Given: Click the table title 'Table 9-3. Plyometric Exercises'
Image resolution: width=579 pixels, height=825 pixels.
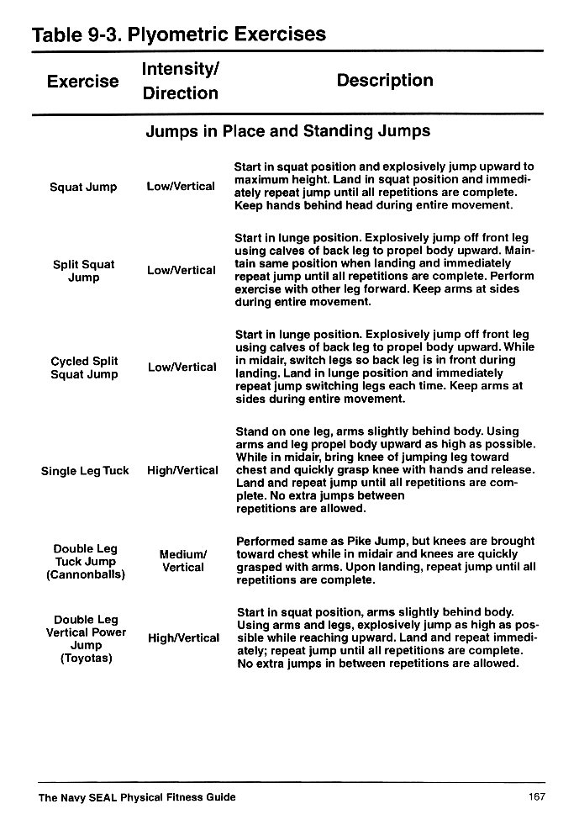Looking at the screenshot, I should [178, 34].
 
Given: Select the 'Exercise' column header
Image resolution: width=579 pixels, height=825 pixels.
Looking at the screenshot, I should [82, 82].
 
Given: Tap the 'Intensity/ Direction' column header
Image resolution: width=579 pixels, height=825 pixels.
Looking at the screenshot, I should [180, 81].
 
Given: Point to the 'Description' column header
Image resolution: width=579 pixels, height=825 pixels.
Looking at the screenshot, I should [385, 81].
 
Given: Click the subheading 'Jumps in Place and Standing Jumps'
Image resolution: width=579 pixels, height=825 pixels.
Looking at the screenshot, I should [287, 131].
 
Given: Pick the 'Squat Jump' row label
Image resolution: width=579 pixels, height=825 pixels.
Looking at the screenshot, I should [83, 187].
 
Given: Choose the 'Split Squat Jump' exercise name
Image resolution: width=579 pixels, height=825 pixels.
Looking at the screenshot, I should [83, 271].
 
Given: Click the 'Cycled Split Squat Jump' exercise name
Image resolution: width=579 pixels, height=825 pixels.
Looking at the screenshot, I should [84, 368].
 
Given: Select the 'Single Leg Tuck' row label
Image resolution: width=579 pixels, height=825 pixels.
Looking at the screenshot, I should [85, 471].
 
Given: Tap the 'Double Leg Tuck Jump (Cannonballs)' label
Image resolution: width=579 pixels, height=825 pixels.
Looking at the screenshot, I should [85, 562].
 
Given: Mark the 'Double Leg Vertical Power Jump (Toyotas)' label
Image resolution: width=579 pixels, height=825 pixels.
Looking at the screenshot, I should [86, 638].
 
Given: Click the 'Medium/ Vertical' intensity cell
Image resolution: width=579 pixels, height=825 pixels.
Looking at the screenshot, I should [183, 561].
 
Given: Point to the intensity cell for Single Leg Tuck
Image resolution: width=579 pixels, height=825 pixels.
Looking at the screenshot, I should [182, 471].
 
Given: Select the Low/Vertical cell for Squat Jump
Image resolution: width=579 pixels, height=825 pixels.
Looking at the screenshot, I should [181, 187].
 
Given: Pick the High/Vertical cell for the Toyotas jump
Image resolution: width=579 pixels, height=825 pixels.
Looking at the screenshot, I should [183, 638].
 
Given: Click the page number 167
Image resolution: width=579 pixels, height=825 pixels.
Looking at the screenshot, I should [537, 797].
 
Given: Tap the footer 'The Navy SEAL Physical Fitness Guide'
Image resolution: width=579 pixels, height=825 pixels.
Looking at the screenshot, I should [137, 797].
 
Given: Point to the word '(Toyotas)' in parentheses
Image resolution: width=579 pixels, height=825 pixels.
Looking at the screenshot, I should [86, 658].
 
